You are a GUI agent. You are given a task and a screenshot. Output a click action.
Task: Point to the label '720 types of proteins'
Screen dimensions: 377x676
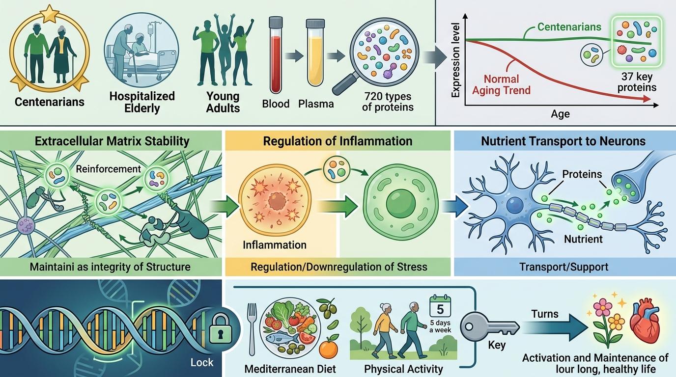388,102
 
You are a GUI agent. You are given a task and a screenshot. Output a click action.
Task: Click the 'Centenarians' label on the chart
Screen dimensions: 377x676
569,27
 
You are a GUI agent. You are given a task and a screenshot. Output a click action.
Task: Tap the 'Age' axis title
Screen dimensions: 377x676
560,114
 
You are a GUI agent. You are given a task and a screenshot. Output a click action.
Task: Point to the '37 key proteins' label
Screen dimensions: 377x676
637,82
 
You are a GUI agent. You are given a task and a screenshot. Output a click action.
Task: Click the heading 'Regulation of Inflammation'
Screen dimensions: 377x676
338,141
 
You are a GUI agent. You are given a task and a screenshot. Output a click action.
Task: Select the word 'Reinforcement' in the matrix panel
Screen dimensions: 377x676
108,169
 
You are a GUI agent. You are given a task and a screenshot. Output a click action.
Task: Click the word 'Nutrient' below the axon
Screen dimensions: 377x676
584,240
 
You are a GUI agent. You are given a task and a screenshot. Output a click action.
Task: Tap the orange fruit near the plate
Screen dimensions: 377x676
328,350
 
